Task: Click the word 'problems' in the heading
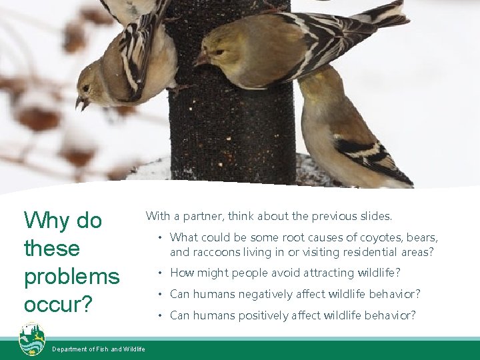click(71, 277)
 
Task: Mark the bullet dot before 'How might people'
click(160, 273)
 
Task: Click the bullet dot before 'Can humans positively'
click(160, 315)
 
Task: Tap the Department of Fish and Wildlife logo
click(31, 339)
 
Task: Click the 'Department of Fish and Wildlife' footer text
click(99, 349)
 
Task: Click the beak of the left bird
click(81, 103)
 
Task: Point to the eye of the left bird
click(86, 88)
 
